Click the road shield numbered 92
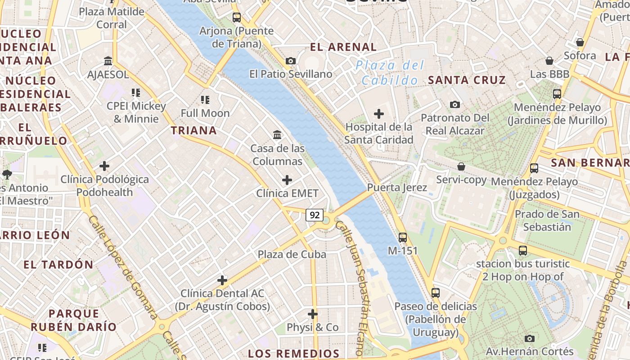[315, 215]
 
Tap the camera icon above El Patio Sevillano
[291, 61]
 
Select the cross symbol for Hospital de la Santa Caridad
[379, 113]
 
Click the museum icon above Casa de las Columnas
[277, 135]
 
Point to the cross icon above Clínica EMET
[287, 180]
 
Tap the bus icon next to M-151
[402, 237]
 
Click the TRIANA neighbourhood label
[193, 130]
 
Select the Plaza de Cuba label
[292, 254]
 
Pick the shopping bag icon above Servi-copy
[461, 166]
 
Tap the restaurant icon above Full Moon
[205, 99]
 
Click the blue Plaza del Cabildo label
[390, 73]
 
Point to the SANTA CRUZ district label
[467, 80]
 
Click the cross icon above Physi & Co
[313, 314]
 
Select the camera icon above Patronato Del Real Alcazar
[455, 104]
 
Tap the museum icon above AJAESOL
[108, 61]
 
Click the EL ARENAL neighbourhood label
[343, 47]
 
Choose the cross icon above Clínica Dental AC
[222, 280]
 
